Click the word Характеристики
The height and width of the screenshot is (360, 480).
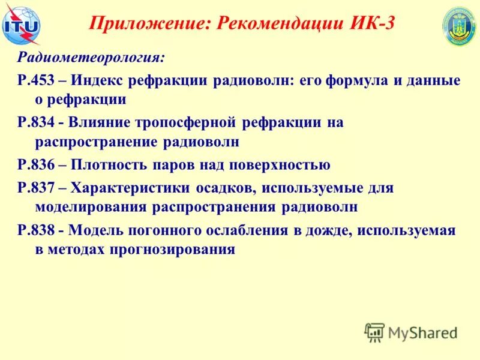point(131,187)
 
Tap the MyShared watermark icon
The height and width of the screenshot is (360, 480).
point(374,331)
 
